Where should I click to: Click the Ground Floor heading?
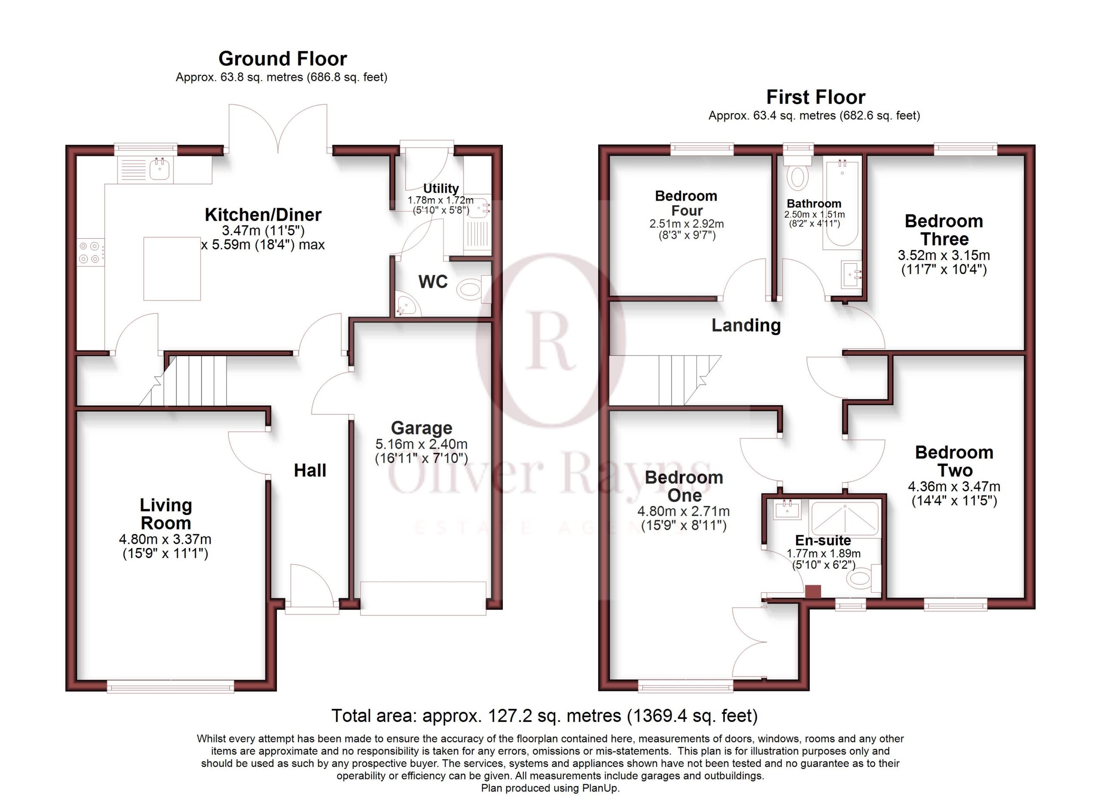283,59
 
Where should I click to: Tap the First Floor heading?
815,97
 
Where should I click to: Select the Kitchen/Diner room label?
263,215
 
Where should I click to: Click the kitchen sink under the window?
160,169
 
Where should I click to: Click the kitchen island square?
172,268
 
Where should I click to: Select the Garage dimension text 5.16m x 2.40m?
421,444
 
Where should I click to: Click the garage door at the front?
423,598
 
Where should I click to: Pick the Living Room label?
166,514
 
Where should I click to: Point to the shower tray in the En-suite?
845,519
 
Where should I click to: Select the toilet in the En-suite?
864,578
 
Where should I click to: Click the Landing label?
746,325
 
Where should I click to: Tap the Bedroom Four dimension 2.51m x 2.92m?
686,224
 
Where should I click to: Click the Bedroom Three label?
944,230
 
